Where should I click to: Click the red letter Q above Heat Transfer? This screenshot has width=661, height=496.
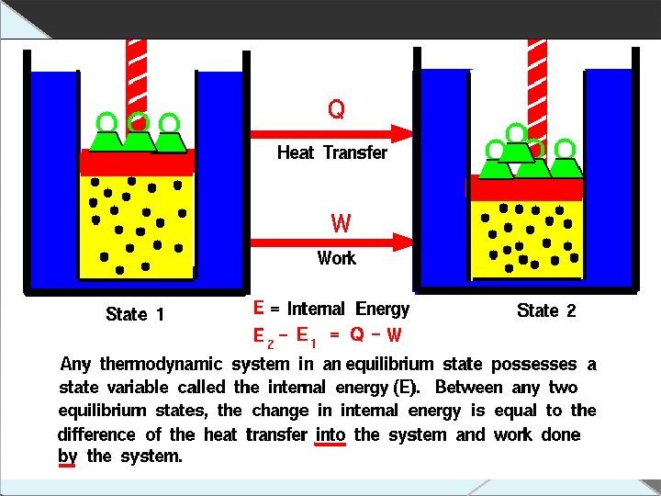[337, 110]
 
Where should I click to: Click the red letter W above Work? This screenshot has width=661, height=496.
[340, 223]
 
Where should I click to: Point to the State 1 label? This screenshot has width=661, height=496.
[135, 314]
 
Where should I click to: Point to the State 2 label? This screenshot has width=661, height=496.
[546, 310]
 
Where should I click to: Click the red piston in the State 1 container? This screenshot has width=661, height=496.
[137, 163]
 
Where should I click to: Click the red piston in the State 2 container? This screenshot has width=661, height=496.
[526, 188]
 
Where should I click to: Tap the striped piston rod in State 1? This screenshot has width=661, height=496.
[137, 73]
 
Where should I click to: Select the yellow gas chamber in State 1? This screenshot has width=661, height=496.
[137, 225]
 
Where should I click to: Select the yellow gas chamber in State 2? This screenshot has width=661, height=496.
[526, 239]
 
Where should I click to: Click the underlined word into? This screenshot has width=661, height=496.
[330, 434]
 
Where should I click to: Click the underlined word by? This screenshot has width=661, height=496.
[67, 457]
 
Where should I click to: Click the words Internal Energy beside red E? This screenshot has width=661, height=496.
[348, 309]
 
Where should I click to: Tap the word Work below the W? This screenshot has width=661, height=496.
[336, 258]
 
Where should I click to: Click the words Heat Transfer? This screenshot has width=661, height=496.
[331, 152]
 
